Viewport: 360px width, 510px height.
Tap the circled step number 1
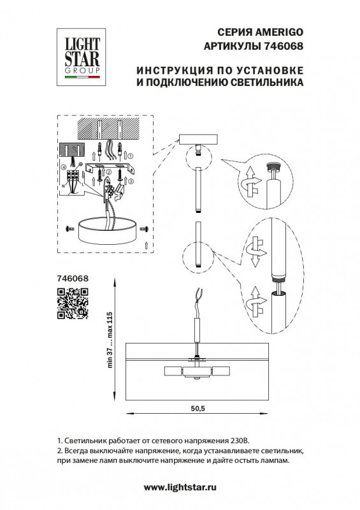pos(131,154)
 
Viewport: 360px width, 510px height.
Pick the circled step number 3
pos(131,180)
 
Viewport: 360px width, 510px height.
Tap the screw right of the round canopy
pos(145,228)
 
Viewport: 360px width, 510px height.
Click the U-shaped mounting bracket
pos(112,170)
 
